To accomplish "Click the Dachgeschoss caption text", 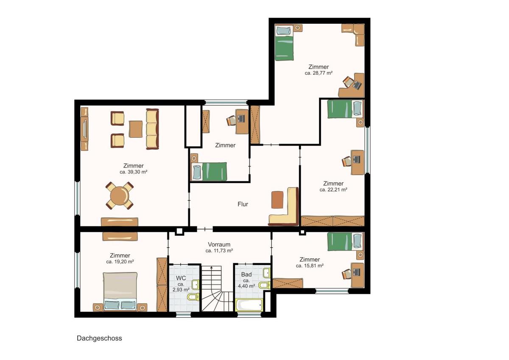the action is tap(99, 338).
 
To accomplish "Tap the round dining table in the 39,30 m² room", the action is tap(120, 195).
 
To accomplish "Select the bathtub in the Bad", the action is tap(249, 305).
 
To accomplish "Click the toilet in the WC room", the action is tap(193, 297).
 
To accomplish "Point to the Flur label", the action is tap(243, 204).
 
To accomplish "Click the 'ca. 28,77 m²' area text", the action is tap(319, 73).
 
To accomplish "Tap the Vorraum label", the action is tap(219, 244).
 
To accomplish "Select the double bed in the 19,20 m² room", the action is tap(120, 291).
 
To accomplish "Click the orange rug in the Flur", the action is tap(277, 200).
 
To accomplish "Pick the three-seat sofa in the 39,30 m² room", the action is tap(152, 129).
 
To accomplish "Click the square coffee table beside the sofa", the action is tap(136, 129).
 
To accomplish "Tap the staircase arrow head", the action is tap(211, 267).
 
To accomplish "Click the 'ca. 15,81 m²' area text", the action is tap(310, 265).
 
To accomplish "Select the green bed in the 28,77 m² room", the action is tap(284, 43).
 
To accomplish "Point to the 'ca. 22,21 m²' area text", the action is tap(333, 190).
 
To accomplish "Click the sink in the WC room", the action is tap(195, 285).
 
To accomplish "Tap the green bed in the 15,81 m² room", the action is tap(345, 241).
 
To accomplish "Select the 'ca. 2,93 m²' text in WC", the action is tap(181, 287).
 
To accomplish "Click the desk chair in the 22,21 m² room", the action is tap(347, 162).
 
